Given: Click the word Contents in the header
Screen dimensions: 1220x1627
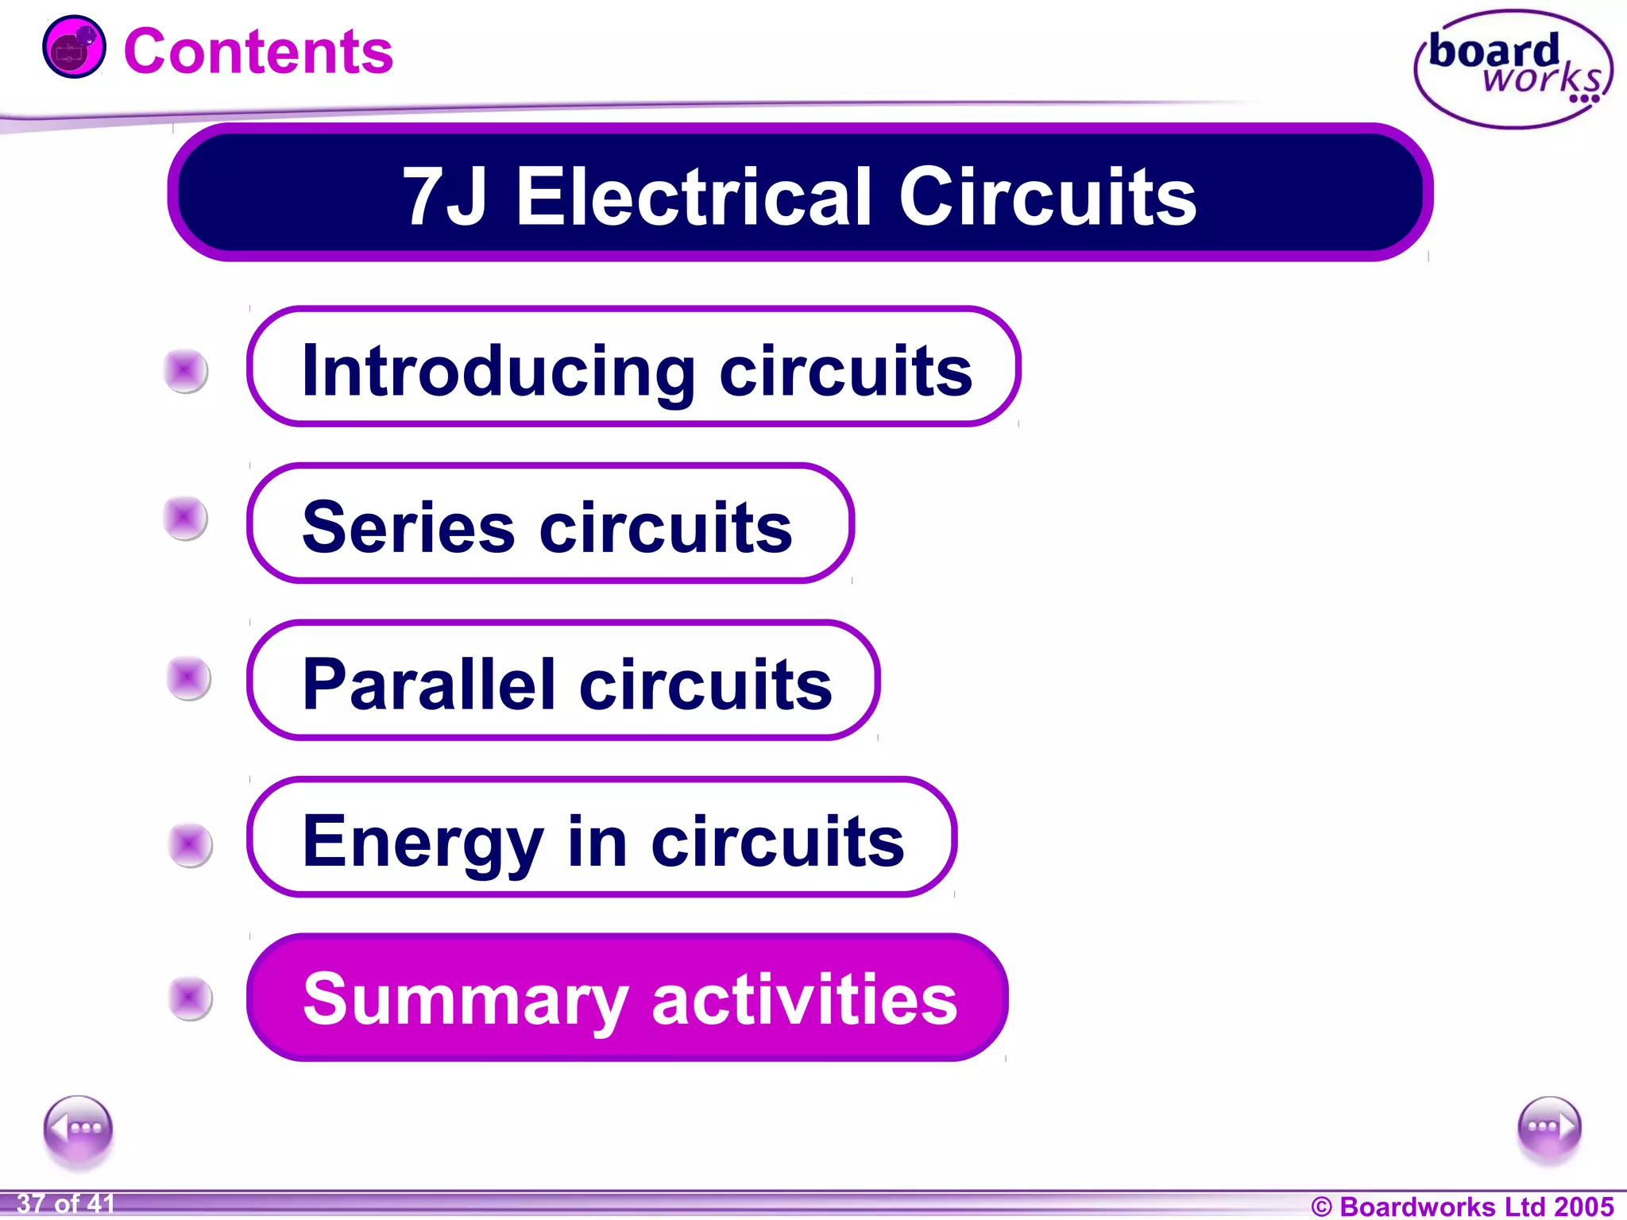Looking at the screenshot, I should pos(258,52).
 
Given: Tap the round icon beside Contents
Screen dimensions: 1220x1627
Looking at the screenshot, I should pos(74,48).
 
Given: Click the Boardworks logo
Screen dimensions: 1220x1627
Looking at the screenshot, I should pos(1513,69).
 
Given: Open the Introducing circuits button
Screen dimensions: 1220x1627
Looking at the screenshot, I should pos(633,368).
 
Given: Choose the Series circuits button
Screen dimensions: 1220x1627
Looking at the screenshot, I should pos(550,524).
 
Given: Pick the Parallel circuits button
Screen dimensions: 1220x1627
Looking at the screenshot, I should pos(562,681).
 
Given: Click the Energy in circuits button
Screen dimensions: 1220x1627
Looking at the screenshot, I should pos(601,838).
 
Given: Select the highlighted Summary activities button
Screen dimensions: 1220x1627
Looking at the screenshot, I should pos(627,998).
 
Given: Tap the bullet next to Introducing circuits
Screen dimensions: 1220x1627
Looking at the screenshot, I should pos(186,370).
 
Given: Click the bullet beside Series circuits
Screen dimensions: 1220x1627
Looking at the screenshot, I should pos(186,518).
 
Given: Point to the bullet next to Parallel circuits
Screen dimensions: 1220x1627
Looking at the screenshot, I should pos(189,678).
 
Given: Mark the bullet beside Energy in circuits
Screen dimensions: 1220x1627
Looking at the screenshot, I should pos(191,844).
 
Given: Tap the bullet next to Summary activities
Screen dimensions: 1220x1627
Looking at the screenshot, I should pos(191,998).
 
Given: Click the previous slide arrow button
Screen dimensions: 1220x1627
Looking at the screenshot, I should pos(78,1129).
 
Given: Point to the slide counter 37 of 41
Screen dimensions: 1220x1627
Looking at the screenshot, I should pos(66,1204).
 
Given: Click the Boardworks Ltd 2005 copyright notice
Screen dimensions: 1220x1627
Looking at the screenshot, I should pos(1462,1206).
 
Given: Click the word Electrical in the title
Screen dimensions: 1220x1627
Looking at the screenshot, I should pos(695,196).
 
